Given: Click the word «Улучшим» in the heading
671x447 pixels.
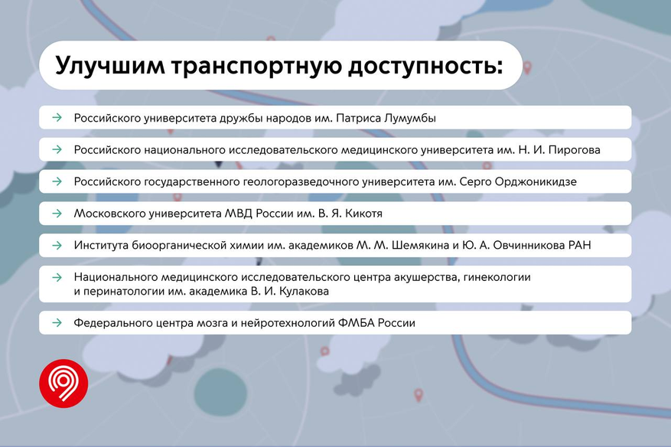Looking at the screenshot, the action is click(110, 67).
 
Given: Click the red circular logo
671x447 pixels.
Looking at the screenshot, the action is click(64, 383).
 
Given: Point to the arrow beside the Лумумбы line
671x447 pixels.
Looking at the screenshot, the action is click(57, 117).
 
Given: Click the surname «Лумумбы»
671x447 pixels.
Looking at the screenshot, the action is click(410, 118).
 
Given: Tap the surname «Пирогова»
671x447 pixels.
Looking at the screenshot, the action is click(575, 150).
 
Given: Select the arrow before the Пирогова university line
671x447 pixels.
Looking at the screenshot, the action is click(57, 149).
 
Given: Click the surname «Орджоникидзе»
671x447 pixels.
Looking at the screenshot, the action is click(536, 182).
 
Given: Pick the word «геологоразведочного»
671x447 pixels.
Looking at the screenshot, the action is click(301, 182).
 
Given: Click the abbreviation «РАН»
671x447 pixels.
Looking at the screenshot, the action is click(579, 246).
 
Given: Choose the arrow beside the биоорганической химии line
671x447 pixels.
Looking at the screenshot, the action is click(57, 246).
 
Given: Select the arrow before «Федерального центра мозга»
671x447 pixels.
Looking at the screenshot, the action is click(57, 322).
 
